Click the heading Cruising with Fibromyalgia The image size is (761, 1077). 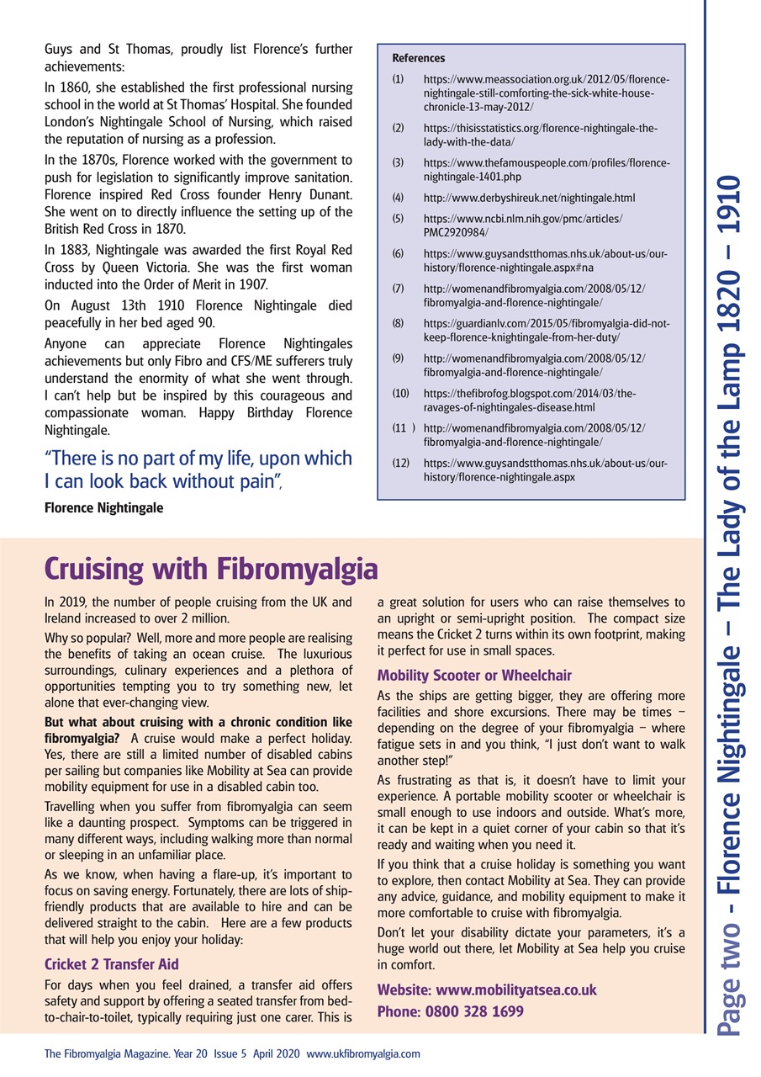click(210, 568)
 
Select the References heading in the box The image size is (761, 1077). click(419, 58)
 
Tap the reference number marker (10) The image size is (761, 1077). click(400, 392)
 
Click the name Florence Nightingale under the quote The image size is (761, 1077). click(103, 508)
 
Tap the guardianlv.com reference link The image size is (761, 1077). click(547, 330)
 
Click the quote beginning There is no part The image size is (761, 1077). click(198, 470)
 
